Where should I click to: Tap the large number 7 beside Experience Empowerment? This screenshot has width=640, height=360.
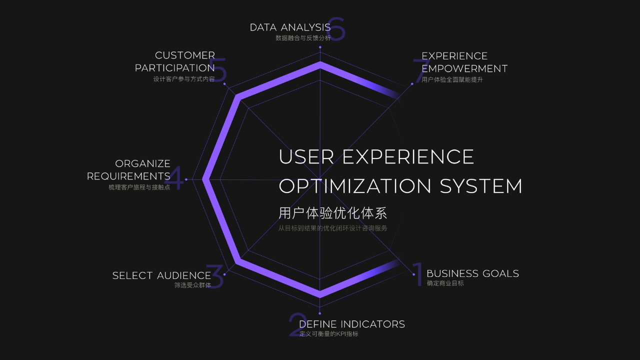419,71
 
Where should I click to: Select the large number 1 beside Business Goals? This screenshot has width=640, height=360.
418,275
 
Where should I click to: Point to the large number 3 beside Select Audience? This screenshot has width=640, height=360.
215,276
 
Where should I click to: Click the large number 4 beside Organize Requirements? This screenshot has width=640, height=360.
174,178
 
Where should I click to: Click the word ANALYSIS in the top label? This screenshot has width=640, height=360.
305,27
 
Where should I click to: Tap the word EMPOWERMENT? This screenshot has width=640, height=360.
464,68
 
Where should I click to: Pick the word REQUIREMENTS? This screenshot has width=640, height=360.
128,176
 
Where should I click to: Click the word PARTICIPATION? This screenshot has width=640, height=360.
175,68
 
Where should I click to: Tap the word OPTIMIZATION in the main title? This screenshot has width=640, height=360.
355,186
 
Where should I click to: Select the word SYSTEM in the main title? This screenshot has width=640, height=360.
481,186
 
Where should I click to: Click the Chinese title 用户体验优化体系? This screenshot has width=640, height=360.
332,213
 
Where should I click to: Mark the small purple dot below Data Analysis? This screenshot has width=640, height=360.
320,47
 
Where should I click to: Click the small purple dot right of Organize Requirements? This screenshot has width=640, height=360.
186,179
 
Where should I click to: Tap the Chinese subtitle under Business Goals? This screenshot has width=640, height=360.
445,283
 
